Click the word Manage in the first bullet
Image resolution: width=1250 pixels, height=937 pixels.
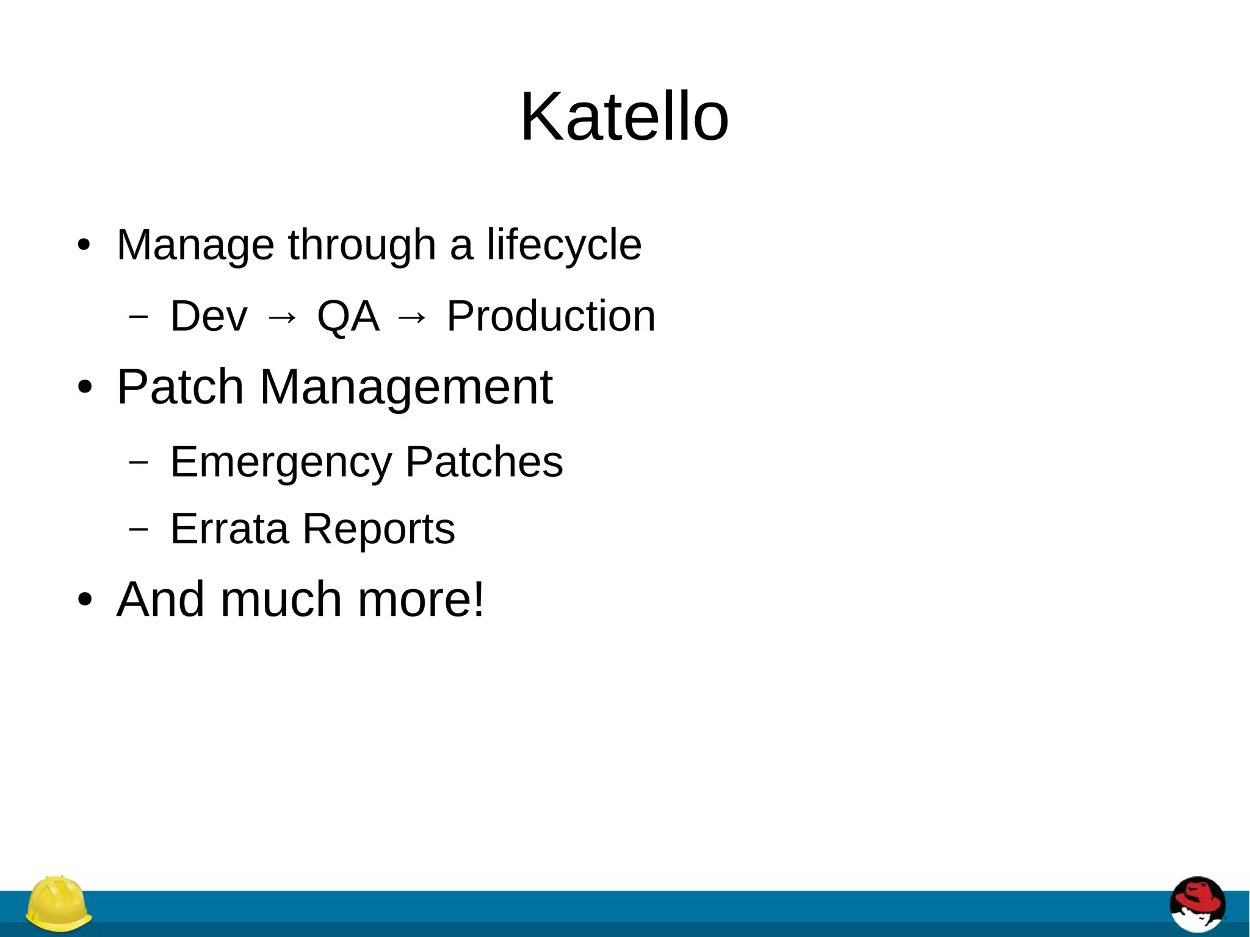[195, 245]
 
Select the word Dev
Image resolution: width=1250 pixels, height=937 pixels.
[209, 316]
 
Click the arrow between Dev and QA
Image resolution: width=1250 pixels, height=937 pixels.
[282, 317]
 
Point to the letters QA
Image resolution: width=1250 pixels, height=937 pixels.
[348, 316]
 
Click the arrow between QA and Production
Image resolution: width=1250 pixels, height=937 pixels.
[412, 317]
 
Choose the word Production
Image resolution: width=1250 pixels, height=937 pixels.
[551, 316]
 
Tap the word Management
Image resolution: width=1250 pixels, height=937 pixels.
[406, 388]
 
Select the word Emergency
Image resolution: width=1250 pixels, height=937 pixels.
[281, 462]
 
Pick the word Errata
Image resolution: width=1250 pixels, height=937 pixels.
[229, 529]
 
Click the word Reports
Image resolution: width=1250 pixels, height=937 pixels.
[378, 530]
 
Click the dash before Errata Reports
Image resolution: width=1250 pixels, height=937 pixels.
[139, 529]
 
